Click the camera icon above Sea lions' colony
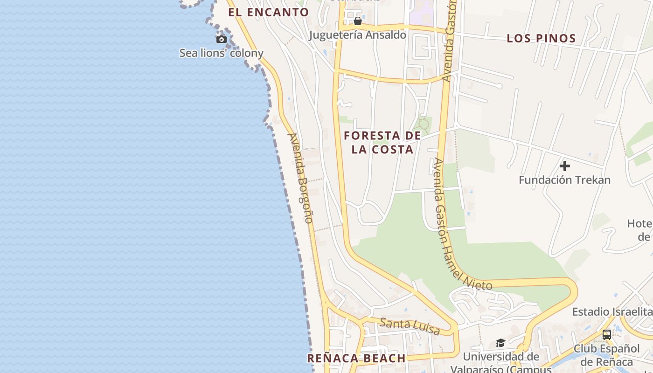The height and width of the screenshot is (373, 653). (222, 39)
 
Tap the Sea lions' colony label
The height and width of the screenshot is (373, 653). (222, 53)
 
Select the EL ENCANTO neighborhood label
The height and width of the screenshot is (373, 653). (269, 13)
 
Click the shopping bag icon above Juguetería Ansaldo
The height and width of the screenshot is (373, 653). (358, 21)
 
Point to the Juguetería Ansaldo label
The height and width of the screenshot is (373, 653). (358, 35)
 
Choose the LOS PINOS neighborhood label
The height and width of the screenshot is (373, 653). (542, 38)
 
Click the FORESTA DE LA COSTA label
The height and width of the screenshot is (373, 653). (382, 143)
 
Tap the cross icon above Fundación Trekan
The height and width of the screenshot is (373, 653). (565, 166)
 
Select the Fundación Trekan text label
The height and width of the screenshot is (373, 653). (565, 180)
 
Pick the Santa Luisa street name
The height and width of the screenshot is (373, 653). (410, 326)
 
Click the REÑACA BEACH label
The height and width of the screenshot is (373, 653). (356, 358)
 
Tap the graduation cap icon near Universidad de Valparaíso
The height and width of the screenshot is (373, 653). (500, 343)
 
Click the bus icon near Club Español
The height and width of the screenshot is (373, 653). (607, 334)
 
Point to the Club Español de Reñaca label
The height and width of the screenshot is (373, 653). (607, 355)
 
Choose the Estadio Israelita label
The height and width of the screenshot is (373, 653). (612, 311)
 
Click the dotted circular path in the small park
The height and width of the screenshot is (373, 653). (424, 124)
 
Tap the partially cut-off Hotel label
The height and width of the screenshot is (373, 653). (639, 230)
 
